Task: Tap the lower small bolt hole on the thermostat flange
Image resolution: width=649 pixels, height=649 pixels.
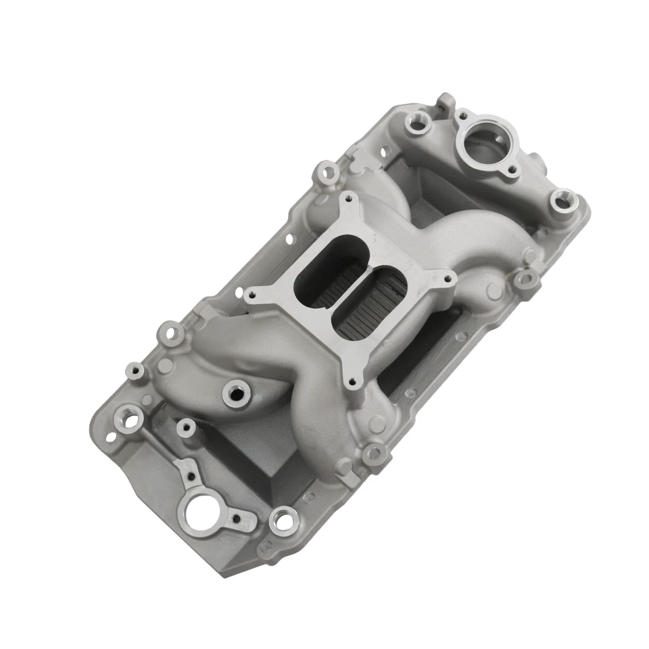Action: coord(512,170)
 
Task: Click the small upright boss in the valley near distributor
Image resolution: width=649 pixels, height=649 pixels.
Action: coord(183,427)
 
